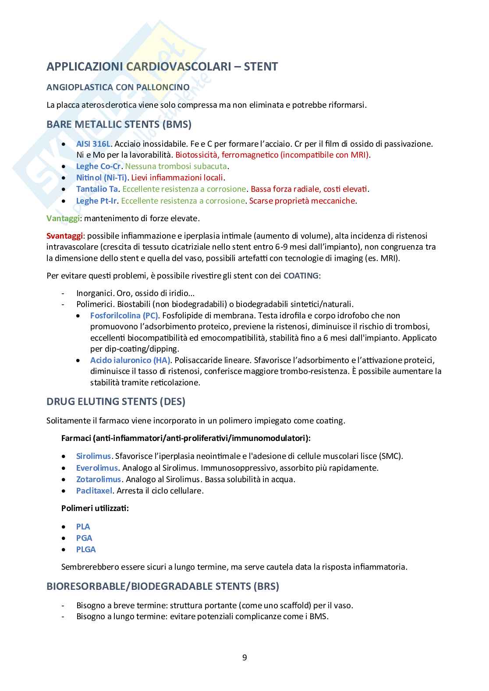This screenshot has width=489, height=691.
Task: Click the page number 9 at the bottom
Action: tap(244, 657)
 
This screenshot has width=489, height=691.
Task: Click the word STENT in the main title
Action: tap(261, 67)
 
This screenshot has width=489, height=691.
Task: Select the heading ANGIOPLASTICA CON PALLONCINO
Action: tap(118, 87)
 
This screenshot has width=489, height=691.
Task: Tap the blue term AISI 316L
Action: tap(93, 144)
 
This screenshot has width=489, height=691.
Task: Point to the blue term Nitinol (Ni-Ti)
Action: tap(102, 177)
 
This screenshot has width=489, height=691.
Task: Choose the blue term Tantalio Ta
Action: tap(97, 189)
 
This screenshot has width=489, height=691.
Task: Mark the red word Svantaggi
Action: tap(65, 236)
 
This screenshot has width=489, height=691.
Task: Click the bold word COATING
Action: tap(301, 275)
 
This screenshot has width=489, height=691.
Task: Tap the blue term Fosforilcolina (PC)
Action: tap(124, 315)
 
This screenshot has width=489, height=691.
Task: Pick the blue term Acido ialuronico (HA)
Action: tap(130, 360)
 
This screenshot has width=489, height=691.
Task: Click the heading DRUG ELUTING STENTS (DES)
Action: tap(116, 401)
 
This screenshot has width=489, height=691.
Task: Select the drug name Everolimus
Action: tap(97, 468)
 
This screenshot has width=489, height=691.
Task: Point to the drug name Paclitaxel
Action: tap(94, 490)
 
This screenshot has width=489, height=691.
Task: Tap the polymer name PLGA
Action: tap(86, 549)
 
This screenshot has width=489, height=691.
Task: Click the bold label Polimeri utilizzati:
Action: tap(95, 508)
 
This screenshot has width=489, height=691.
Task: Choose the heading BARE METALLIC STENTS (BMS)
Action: tap(119, 124)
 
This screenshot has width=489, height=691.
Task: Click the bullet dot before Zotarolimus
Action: tap(64, 479)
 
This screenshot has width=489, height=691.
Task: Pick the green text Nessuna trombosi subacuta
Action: tap(176, 166)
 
